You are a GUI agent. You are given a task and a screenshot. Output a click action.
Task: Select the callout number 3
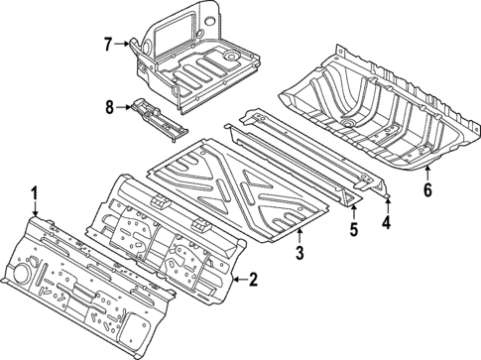point(298,256)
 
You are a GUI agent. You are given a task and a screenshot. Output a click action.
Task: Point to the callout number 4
point(386,224)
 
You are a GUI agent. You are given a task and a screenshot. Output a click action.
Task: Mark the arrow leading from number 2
point(236,282)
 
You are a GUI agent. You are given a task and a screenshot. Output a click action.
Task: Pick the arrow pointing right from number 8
point(126,104)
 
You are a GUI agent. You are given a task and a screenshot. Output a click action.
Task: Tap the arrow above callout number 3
point(298,236)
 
